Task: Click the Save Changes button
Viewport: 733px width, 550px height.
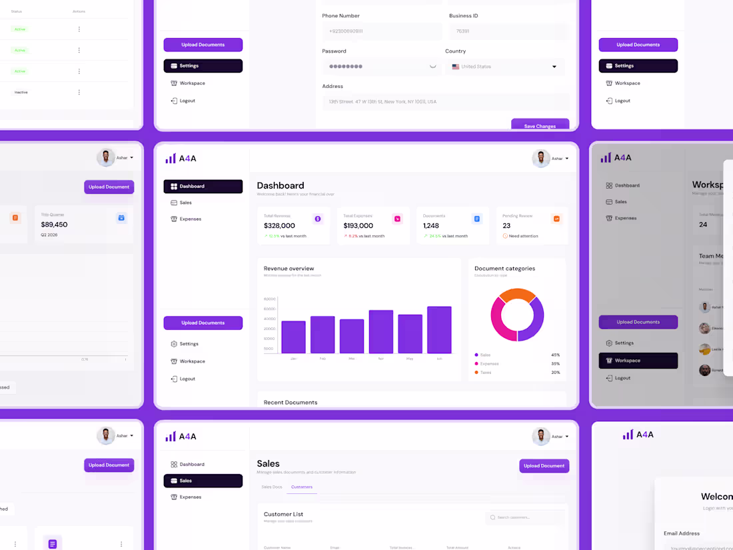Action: (540, 125)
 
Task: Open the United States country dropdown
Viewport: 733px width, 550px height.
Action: (504, 67)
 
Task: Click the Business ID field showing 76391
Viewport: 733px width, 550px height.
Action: (509, 31)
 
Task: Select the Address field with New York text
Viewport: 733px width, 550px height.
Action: (445, 102)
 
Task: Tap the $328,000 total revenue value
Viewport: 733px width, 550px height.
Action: (279, 226)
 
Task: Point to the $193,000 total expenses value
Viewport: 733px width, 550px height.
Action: (359, 226)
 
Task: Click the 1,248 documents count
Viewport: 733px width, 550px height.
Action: (431, 226)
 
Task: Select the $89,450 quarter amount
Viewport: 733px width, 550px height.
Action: (54, 225)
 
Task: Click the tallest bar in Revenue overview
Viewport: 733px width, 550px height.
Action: (439, 329)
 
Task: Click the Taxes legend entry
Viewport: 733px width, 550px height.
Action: (486, 373)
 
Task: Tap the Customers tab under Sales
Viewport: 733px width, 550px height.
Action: (302, 487)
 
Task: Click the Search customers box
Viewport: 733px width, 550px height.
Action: (525, 517)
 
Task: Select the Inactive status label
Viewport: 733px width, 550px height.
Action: (21, 92)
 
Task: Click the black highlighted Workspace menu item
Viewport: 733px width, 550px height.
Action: (638, 361)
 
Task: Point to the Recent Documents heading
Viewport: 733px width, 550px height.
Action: (291, 403)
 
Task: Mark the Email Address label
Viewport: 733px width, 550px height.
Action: (682, 533)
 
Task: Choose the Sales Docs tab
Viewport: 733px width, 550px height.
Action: (271, 487)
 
